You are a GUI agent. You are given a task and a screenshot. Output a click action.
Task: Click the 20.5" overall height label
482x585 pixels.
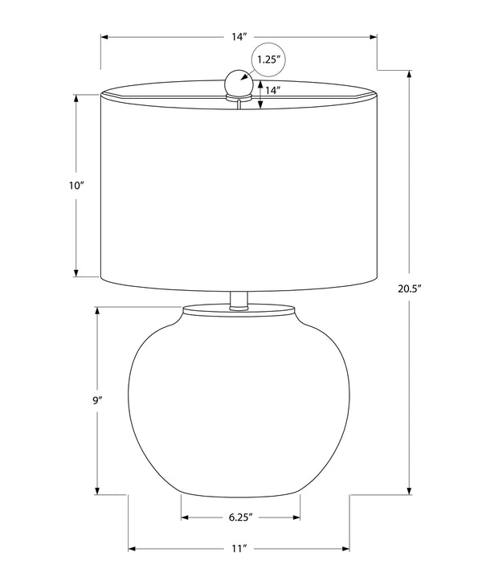click(409, 288)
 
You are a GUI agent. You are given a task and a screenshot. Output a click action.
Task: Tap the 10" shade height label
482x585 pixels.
click(76, 186)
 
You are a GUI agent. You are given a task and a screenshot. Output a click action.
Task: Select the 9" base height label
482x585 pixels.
click(97, 401)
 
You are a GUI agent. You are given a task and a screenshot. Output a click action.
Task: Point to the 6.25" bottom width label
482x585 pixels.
click(241, 517)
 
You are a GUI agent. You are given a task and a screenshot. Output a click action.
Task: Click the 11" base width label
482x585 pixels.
click(239, 548)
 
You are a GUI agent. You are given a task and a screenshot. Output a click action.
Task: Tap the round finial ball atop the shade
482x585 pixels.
click(239, 83)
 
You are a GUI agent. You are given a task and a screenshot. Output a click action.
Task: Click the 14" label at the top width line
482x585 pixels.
click(239, 37)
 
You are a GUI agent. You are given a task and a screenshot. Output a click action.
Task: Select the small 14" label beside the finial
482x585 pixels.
click(272, 90)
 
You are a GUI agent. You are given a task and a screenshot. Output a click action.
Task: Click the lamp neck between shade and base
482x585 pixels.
click(239, 300)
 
